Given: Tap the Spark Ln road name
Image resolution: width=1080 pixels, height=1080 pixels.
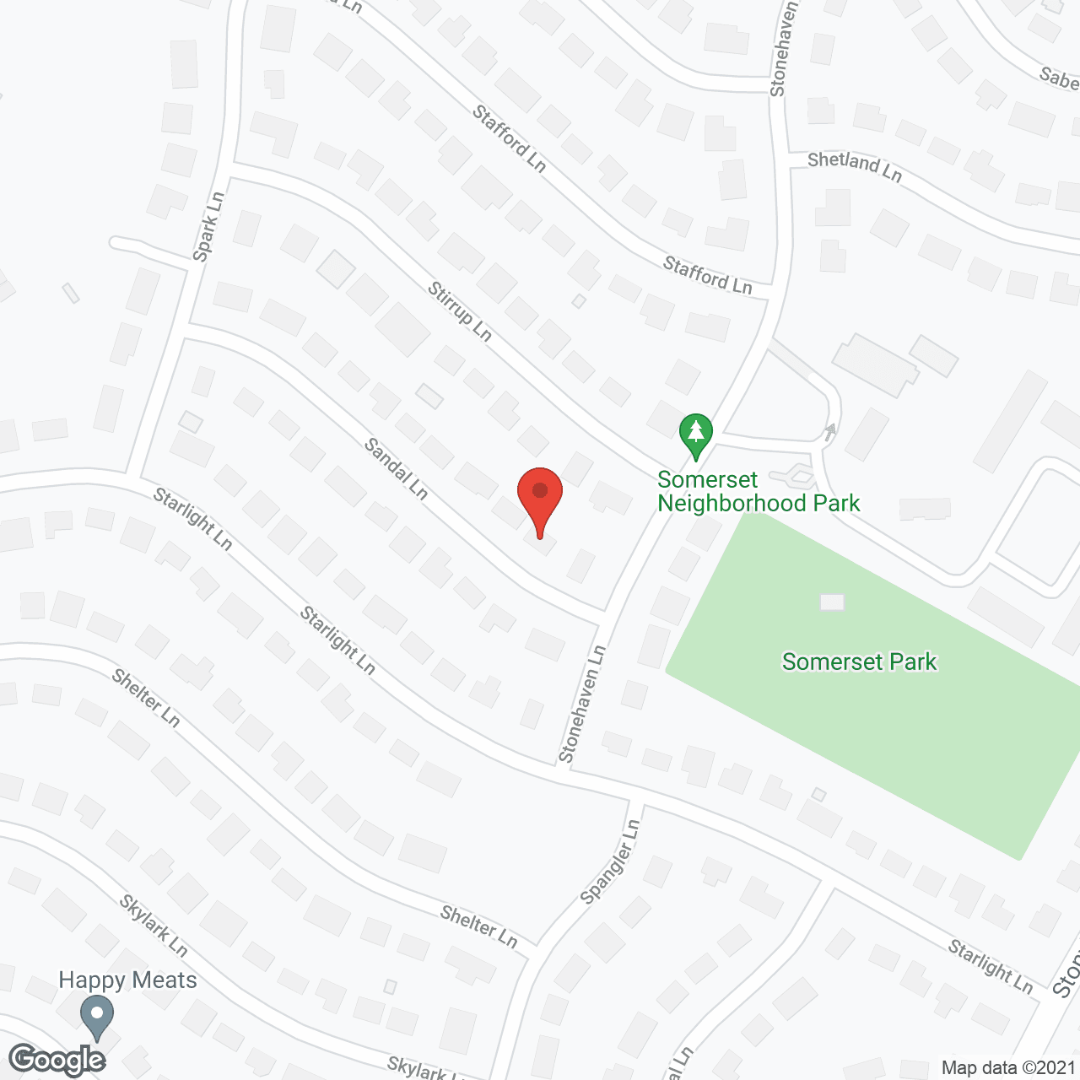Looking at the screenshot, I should click(208, 226).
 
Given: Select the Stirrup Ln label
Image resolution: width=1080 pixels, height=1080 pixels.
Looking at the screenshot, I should click(459, 311).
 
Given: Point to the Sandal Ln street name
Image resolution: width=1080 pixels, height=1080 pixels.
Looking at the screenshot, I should click(397, 468).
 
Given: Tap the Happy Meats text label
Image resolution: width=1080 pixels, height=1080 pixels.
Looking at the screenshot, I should click(127, 980).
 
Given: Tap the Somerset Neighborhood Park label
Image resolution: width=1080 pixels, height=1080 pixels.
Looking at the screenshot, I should click(758, 491).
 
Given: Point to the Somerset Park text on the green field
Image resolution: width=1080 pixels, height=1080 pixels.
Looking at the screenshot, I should click(859, 661).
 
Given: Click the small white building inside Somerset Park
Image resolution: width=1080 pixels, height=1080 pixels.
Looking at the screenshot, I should click(832, 602).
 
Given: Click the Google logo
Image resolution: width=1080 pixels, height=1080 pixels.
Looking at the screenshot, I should click(57, 1059).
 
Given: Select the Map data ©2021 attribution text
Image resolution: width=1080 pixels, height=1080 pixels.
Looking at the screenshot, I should click(1008, 1068).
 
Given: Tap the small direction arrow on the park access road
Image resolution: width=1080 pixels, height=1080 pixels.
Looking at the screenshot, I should click(831, 429).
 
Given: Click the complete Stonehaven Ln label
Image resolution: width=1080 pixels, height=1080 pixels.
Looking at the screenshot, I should click(583, 705).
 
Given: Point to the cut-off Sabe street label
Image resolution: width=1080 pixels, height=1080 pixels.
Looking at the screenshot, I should click(1060, 78).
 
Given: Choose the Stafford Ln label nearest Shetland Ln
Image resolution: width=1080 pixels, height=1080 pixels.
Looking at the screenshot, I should click(707, 276).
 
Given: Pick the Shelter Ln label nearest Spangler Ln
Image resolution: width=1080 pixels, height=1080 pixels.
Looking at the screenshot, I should click(478, 926).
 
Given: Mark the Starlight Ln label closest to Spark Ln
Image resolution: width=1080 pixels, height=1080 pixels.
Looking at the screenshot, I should click(192, 519).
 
